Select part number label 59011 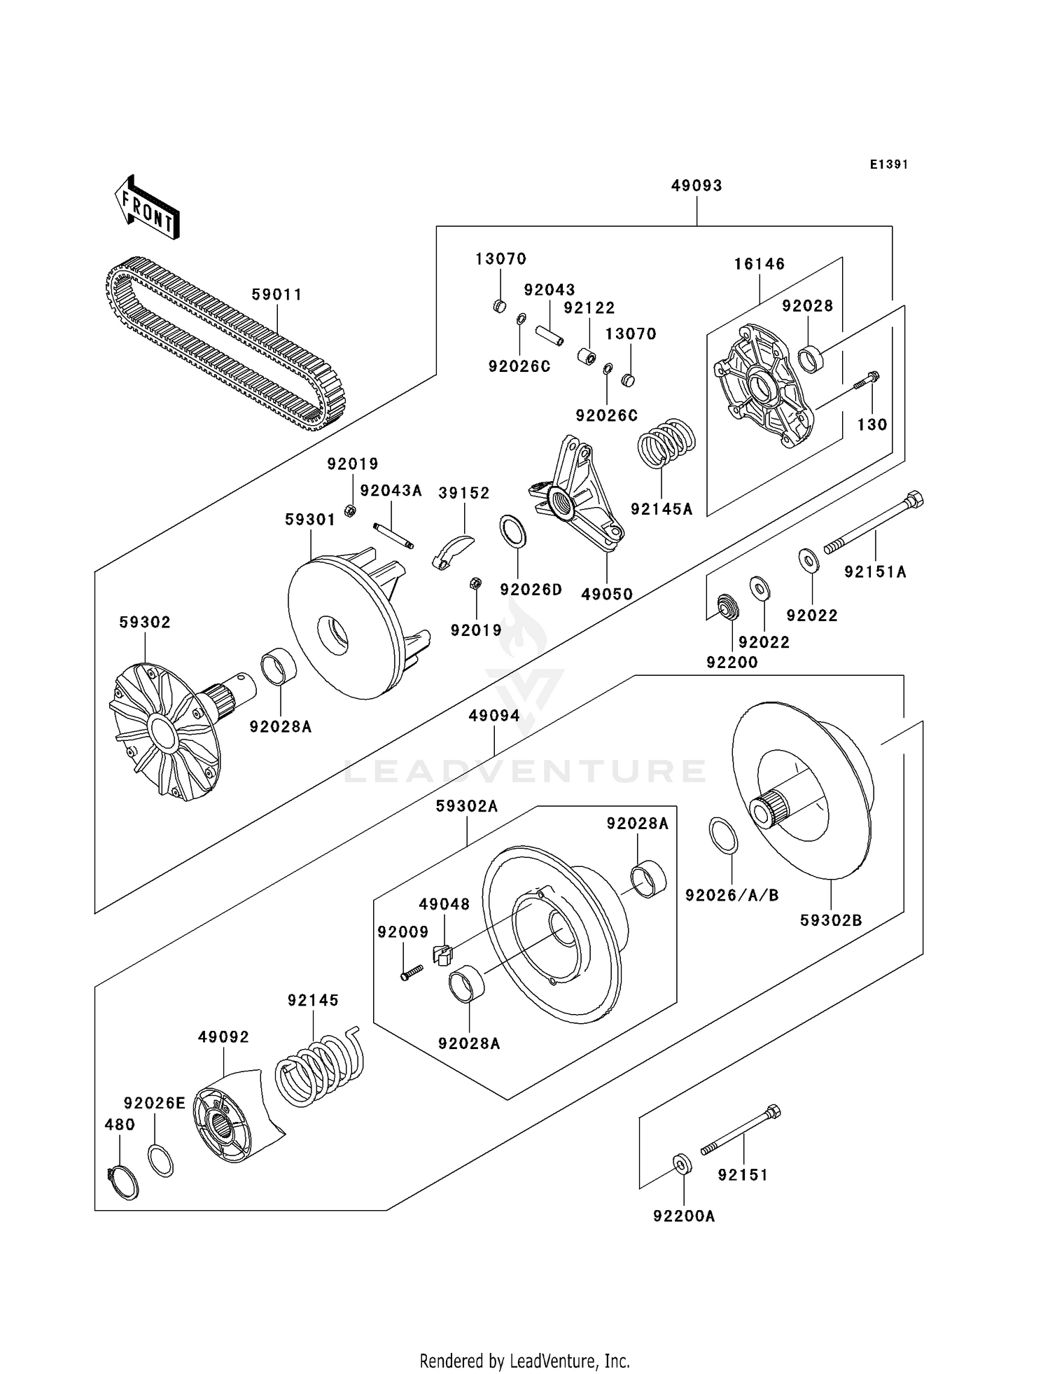tap(277, 295)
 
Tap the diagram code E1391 tap(889, 165)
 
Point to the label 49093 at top tap(696, 186)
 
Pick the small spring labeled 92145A tap(666, 443)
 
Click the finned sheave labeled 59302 tap(164, 732)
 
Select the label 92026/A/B tap(731, 896)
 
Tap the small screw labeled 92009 tap(412, 972)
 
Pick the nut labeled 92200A tap(682, 1164)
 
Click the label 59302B tap(831, 920)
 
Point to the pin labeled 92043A tap(394, 536)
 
